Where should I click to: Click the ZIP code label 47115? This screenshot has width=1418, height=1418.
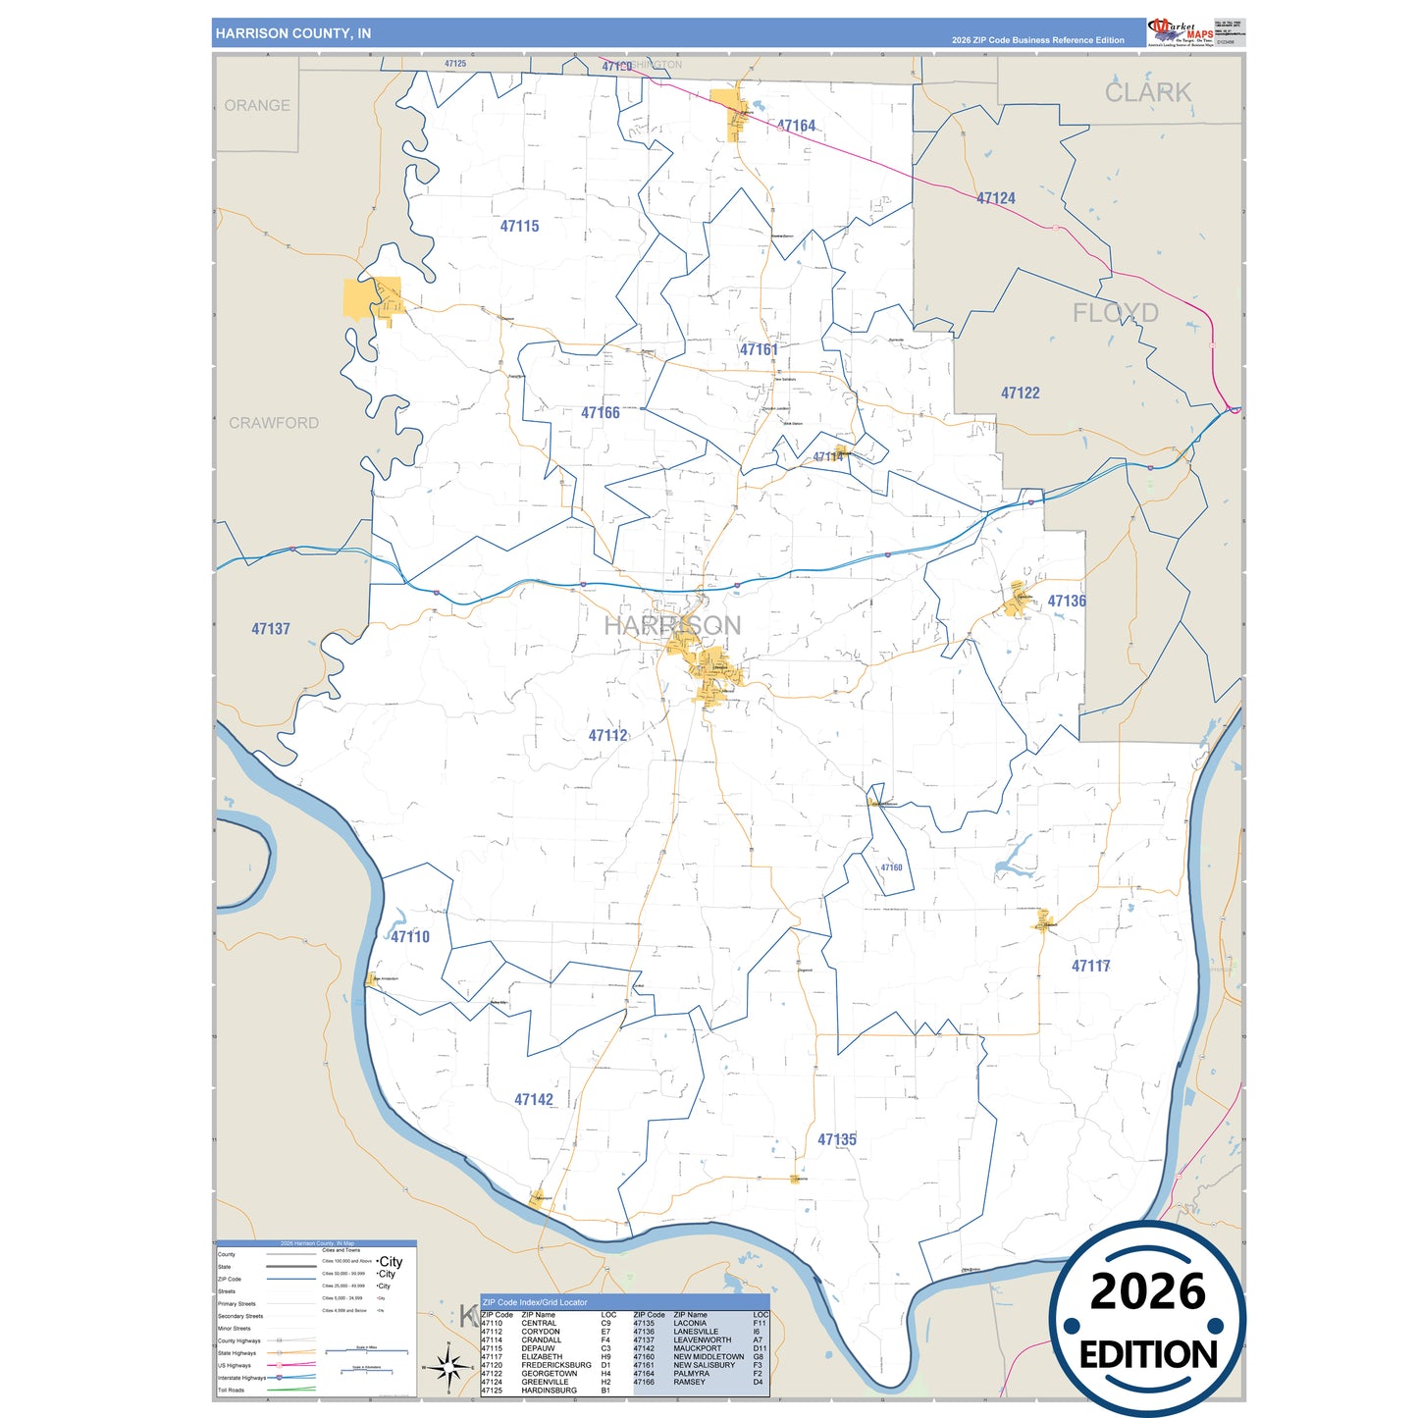pyautogui.click(x=519, y=227)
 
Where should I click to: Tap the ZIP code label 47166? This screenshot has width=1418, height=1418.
pyautogui.click(x=600, y=413)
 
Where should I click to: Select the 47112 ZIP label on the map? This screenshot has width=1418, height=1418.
pyautogui.click(x=607, y=735)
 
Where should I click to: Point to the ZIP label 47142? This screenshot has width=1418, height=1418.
pyautogui.click(x=534, y=1100)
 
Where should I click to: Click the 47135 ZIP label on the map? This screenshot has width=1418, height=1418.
pyautogui.click(x=837, y=1139)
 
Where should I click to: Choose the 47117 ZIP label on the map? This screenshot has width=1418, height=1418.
pyautogui.click(x=1090, y=966)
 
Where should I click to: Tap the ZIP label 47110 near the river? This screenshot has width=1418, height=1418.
pyautogui.click(x=410, y=936)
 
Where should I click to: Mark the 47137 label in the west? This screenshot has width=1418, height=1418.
pyautogui.click(x=271, y=629)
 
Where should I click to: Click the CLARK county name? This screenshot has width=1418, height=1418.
pyautogui.click(x=1147, y=92)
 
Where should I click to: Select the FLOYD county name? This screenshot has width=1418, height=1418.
pyautogui.click(x=1115, y=313)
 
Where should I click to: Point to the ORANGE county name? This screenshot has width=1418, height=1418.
pyautogui.click(x=257, y=105)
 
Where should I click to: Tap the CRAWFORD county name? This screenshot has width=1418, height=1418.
pyautogui.click(x=274, y=423)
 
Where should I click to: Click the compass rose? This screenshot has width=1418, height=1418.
pyautogui.click(x=447, y=1365)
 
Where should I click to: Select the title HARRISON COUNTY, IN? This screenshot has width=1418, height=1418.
pyautogui.click(x=293, y=33)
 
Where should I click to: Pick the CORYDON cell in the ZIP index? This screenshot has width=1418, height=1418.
pyautogui.click(x=541, y=1332)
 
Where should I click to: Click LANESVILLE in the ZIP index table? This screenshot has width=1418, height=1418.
pyautogui.click(x=695, y=1332)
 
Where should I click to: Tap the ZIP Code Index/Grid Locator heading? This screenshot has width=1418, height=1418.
pyautogui.click(x=535, y=1302)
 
